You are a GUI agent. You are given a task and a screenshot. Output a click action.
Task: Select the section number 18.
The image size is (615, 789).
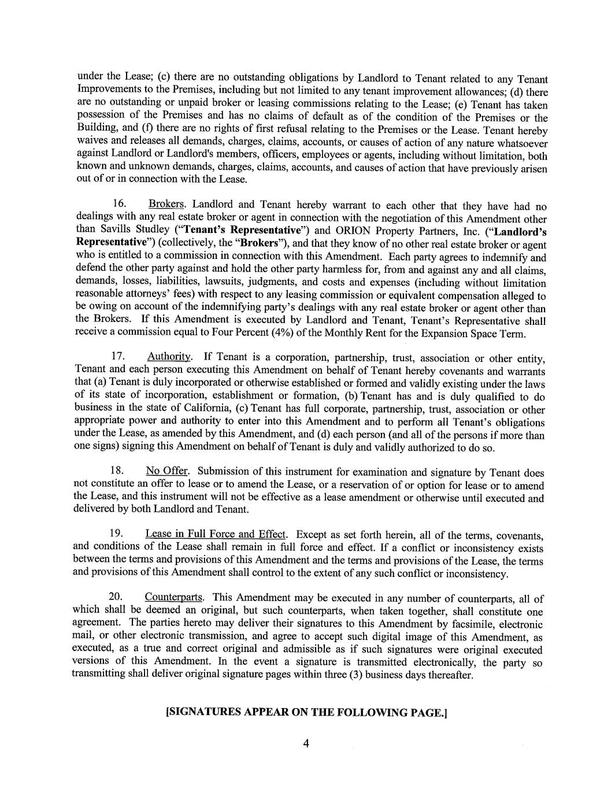pos(117,472)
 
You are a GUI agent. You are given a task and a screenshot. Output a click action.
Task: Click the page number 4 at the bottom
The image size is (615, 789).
pos(306,744)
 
